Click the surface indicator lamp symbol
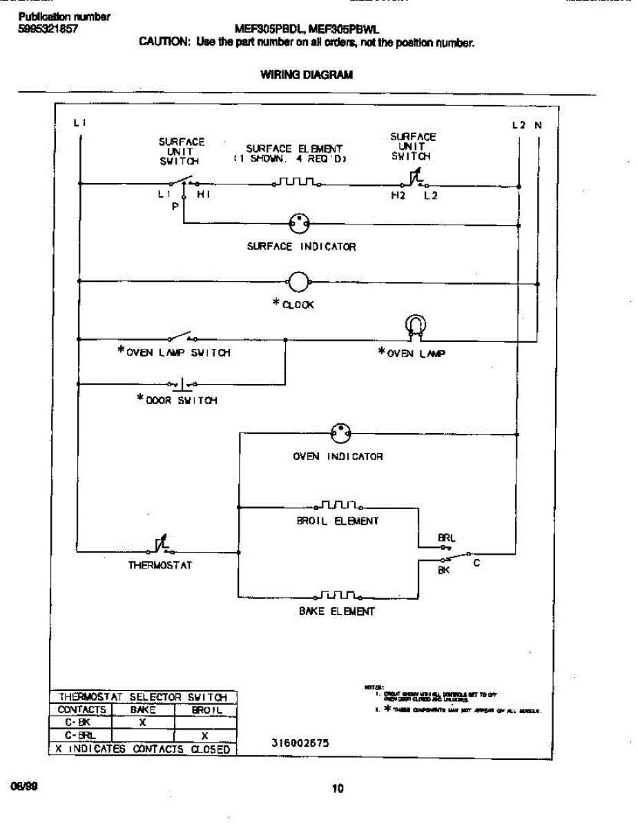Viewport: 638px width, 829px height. pos(299,223)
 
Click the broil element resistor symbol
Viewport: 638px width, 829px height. pos(338,506)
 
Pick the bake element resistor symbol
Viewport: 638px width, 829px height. pos(338,595)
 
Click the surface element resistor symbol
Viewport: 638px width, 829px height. pos(294,183)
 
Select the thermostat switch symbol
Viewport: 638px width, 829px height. pos(160,547)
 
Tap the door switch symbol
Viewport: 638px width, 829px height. pos(181,383)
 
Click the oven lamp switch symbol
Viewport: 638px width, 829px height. pos(181,338)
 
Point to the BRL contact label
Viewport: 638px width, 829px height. pos(446,537)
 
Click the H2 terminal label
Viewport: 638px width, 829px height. pos(398,196)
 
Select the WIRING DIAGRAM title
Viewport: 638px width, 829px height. pos(307,75)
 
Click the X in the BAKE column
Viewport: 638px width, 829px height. pos(142,722)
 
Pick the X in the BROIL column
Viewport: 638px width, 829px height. pos(205,736)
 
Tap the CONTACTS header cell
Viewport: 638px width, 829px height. pos(81,709)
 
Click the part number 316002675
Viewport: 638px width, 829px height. pos(300,743)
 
